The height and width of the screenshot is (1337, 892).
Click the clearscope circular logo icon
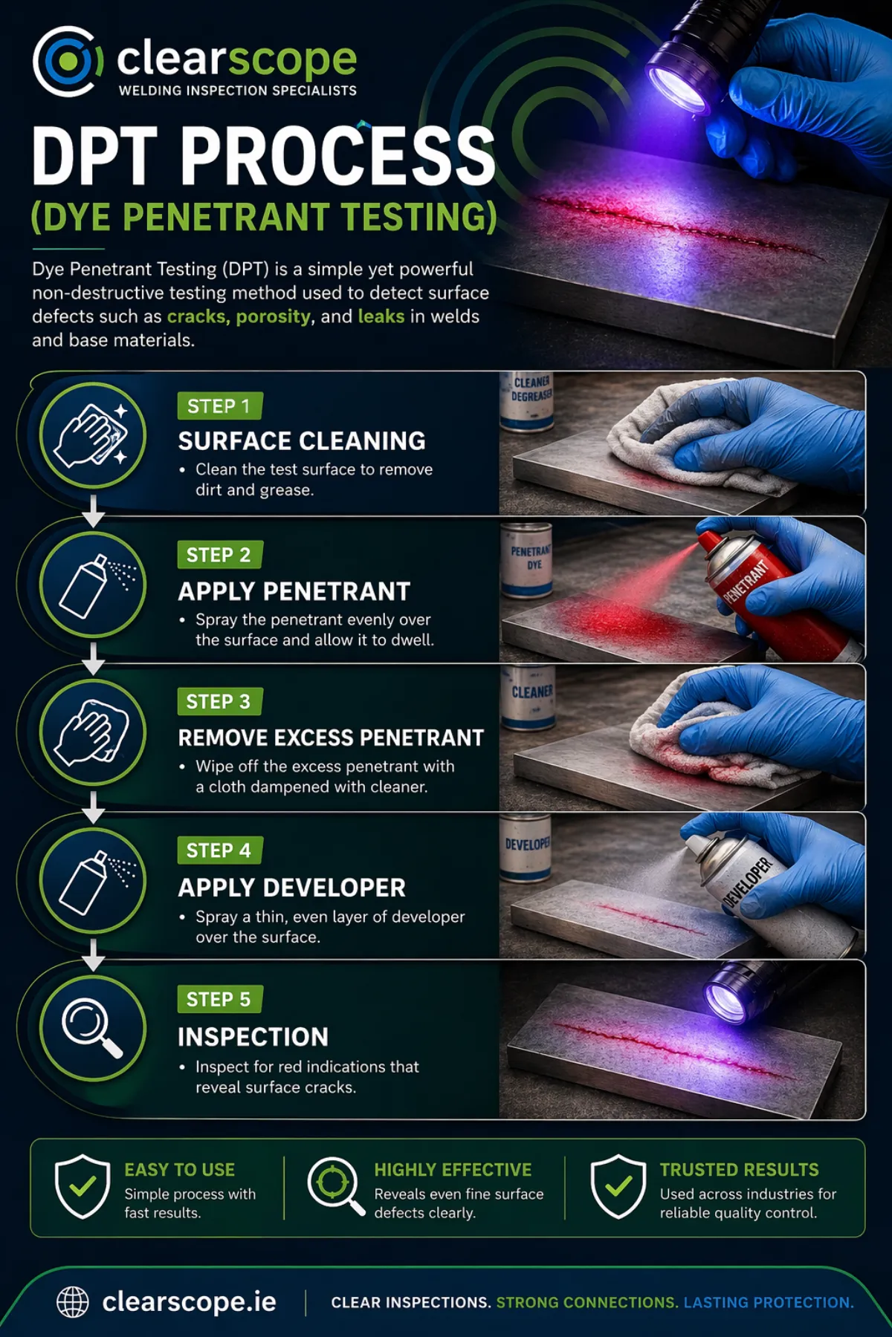(x=67, y=62)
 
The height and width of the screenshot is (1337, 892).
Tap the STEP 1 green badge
(x=219, y=406)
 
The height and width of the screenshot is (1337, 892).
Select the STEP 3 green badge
(x=219, y=702)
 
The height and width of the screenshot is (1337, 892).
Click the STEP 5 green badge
(x=219, y=1000)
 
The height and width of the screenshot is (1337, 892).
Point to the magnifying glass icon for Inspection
(x=92, y=1028)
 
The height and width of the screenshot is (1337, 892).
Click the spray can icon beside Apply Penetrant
(x=92, y=585)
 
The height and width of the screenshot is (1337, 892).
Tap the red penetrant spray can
(x=766, y=594)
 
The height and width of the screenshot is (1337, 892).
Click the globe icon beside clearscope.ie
(x=73, y=1302)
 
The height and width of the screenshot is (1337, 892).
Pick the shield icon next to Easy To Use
(x=83, y=1186)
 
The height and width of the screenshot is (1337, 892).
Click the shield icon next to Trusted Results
(x=618, y=1186)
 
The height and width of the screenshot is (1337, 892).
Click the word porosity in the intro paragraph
(x=273, y=316)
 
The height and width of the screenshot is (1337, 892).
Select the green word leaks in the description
(x=381, y=316)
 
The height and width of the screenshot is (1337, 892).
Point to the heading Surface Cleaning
(x=302, y=441)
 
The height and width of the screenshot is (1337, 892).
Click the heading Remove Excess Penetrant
(x=331, y=738)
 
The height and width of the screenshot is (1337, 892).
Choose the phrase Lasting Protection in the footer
(x=769, y=1303)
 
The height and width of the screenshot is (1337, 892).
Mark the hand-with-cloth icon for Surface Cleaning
(x=92, y=435)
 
